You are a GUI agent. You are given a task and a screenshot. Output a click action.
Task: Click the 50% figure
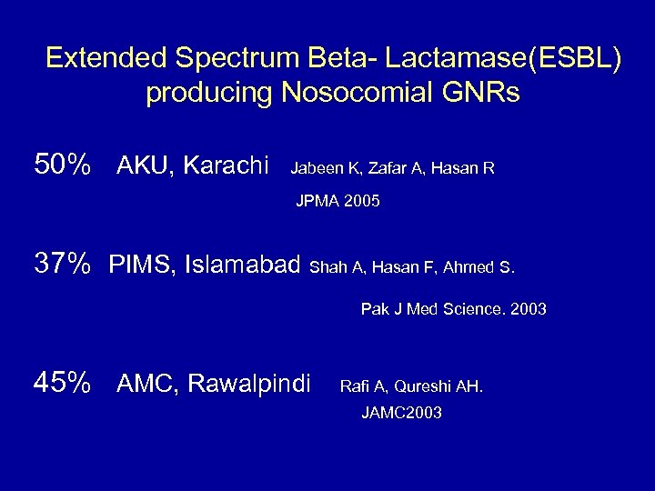click(x=62, y=165)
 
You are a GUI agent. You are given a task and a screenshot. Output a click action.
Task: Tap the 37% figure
click(x=62, y=266)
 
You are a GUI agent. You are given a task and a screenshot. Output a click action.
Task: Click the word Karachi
click(x=227, y=166)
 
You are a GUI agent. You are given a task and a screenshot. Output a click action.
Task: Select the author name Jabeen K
click(x=321, y=167)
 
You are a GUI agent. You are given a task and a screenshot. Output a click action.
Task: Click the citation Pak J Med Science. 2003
click(x=453, y=309)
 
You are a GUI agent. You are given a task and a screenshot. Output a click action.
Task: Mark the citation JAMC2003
click(x=401, y=413)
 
